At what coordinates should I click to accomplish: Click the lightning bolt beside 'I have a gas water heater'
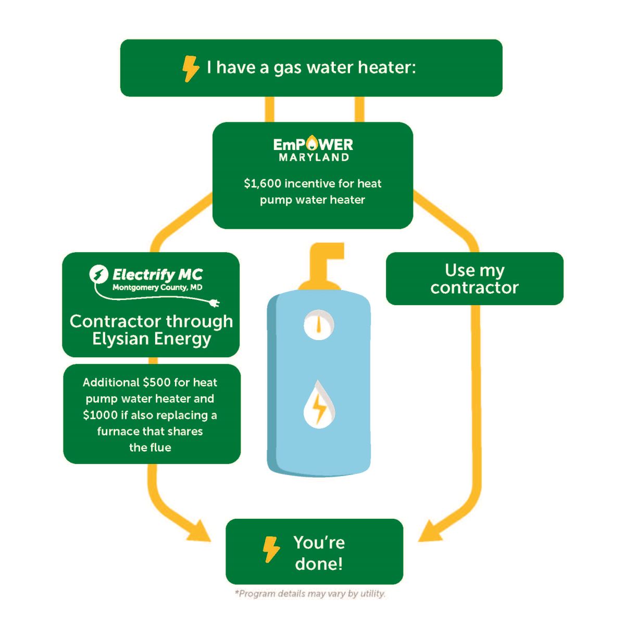(x=190, y=68)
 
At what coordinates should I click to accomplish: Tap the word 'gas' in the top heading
(x=287, y=68)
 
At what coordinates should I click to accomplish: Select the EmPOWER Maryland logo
(x=313, y=149)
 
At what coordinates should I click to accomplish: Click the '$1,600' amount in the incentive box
(x=262, y=184)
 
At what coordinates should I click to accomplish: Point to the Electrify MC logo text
(x=157, y=274)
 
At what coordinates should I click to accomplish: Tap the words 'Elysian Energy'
(x=152, y=339)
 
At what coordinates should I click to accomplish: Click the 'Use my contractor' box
(x=474, y=279)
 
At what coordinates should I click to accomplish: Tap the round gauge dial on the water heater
(x=318, y=325)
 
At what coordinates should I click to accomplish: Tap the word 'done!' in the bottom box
(x=319, y=564)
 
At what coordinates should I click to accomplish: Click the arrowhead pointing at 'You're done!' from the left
(x=201, y=532)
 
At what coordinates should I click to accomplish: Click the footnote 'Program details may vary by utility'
(x=310, y=594)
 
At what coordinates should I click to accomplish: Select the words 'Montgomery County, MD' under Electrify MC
(x=157, y=287)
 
